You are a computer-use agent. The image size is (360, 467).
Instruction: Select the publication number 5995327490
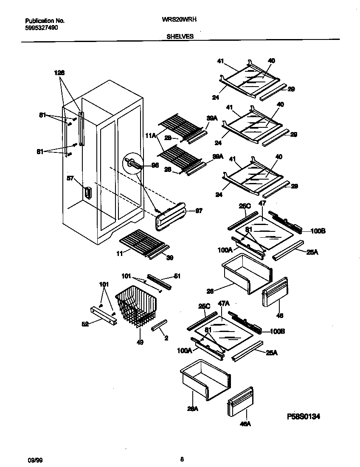[x=42, y=28]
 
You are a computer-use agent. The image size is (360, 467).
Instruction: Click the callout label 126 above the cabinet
[x=59, y=73]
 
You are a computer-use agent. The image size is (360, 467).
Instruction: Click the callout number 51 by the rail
[x=177, y=276]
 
